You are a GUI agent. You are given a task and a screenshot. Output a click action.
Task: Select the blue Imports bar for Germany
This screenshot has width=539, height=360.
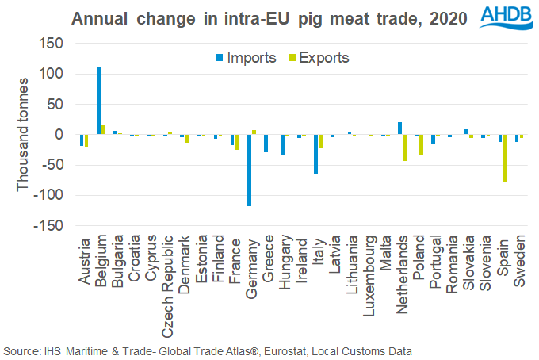tap(249, 170)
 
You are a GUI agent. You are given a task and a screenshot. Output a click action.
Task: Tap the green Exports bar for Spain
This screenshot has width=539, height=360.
tap(504, 159)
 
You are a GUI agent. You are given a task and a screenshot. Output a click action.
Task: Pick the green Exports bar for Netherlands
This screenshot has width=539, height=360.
tap(404, 147)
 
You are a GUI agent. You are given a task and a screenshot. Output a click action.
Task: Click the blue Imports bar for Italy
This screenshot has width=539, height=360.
tap(315, 154)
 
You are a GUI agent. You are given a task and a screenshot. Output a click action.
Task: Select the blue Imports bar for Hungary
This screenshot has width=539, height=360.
tap(282, 145)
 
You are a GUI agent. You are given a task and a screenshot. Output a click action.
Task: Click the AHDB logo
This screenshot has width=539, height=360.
tap(507, 17)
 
